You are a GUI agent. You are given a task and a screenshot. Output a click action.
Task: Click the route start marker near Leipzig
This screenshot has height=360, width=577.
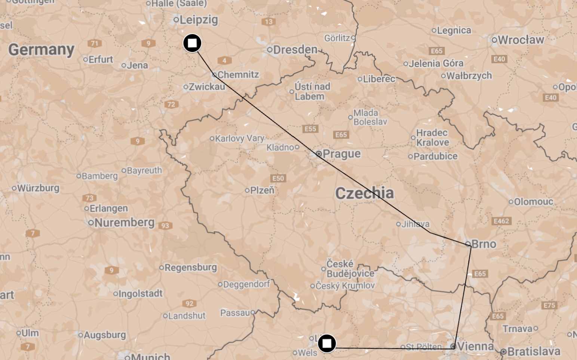pyautogui.click(x=192, y=43)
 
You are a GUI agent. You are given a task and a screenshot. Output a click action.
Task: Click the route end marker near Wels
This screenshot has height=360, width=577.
pyautogui.click(x=327, y=343)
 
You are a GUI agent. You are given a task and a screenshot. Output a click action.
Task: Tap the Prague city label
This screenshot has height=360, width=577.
pyautogui.click(x=341, y=153)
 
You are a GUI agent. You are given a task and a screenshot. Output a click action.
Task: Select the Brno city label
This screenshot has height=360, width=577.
pyautogui.click(x=484, y=244)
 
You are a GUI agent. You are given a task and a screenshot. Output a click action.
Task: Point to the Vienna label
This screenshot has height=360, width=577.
pyautogui.click(x=475, y=346)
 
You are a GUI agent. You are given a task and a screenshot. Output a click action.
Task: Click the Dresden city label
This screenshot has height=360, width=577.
pyautogui.click(x=295, y=49)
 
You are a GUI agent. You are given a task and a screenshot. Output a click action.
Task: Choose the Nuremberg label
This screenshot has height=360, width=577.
pyautogui.click(x=124, y=223)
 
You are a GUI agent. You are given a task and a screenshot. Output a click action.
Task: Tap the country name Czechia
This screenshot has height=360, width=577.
pyautogui.click(x=364, y=193)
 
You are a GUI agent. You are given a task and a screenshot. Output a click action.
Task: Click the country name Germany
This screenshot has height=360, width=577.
pyautogui.click(x=41, y=49)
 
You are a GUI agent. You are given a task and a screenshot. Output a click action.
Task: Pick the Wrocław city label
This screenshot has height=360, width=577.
pyautogui.click(x=521, y=40)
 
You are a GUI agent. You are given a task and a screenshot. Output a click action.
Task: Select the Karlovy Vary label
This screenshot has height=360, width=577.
pyautogui.click(x=239, y=138)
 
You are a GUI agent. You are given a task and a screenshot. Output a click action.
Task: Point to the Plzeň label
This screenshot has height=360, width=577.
pyautogui.click(x=262, y=190)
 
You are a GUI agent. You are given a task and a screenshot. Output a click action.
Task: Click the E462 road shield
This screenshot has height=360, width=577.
pyautogui.click(x=501, y=221)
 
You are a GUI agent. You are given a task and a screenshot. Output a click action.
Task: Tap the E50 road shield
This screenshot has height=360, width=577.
pyautogui.click(x=278, y=178)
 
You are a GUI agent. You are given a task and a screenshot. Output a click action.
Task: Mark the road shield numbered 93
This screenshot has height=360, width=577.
pyautogui.click(x=165, y=226)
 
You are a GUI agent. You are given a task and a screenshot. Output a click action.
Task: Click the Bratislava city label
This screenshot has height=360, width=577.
pyautogui.click(x=534, y=352)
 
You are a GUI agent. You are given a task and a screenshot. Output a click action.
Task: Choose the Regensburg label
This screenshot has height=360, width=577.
pyautogui.click(x=190, y=268)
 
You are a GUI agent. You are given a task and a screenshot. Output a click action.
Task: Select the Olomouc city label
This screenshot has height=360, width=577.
pyautogui.click(x=533, y=202)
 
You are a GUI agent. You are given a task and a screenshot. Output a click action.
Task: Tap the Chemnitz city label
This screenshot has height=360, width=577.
pyautogui.click(x=238, y=74)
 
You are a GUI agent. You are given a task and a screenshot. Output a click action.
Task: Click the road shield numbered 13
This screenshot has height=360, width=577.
pyautogui.click(x=269, y=22)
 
